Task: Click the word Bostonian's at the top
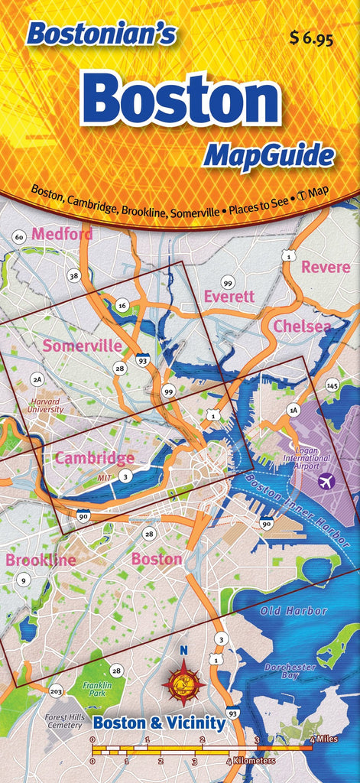click(x=101, y=34)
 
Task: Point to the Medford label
click(x=63, y=234)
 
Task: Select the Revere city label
click(x=326, y=267)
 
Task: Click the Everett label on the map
click(x=229, y=296)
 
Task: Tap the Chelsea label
click(x=302, y=327)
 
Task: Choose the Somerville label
click(x=82, y=346)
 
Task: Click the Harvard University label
click(x=45, y=404)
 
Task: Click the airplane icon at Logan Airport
click(x=326, y=481)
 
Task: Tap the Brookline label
click(x=41, y=560)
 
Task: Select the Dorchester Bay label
click(x=290, y=671)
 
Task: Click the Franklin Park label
click(x=97, y=689)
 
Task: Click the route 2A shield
click(x=37, y=379)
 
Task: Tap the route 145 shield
click(x=332, y=385)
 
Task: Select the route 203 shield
click(x=56, y=691)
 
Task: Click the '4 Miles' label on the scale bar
click(x=324, y=739)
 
